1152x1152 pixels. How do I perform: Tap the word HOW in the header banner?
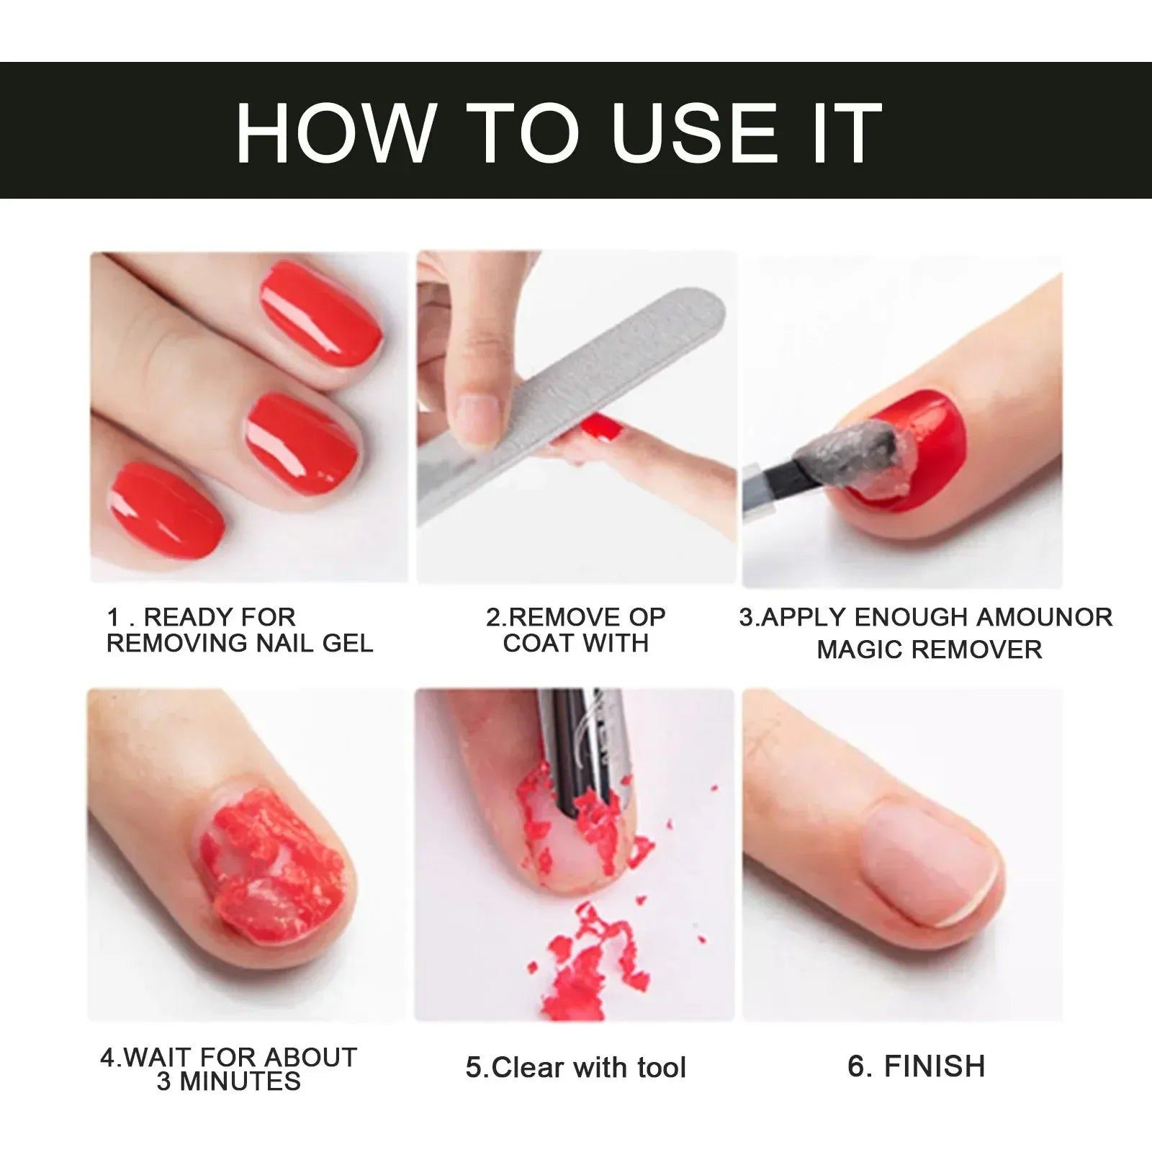click(x=336, y=133)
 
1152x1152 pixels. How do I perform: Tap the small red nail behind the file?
click(x=601, y=427)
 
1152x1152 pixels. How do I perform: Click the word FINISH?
click(x=934, y=1066)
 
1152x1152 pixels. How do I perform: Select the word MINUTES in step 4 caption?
click(x=239, y=1081)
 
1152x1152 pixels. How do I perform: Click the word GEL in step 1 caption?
click(x=348, y=643)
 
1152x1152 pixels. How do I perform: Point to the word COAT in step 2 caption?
click(x=536, y=643)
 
